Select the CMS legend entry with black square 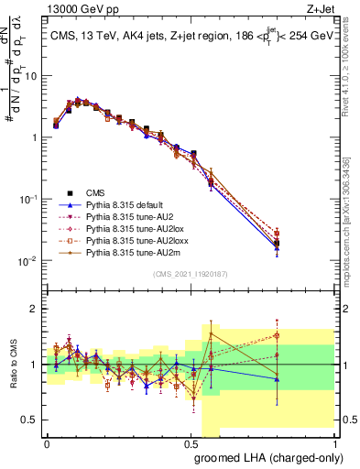coord(95,192)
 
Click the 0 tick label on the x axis coord(47,442)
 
